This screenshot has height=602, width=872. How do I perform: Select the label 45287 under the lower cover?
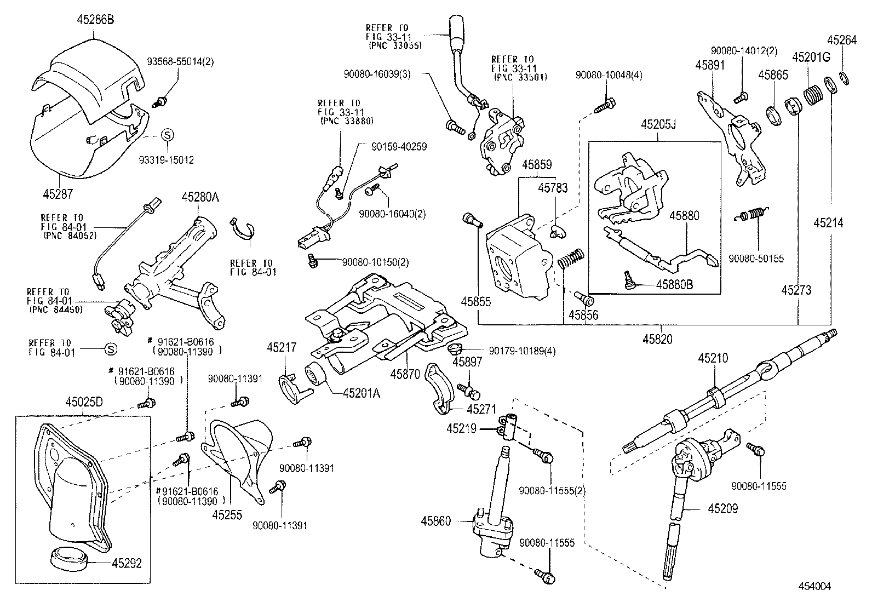click(x=59, y=193)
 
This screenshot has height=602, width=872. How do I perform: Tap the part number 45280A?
click(x=200, y=198)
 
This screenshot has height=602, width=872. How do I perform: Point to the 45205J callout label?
click(x=658, y=124)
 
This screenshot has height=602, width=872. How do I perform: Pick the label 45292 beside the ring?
click(x=127, y=563)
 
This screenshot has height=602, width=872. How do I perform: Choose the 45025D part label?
click(x=84, y=403)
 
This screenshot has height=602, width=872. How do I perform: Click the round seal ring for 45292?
click(x=69, y=559)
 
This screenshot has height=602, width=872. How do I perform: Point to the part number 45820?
click(x=658, y=340)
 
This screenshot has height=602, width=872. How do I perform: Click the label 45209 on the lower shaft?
click(x=722, y=509)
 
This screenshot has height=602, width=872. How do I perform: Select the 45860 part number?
click(x=436, y=520)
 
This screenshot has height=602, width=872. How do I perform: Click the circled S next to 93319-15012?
click(x=168, y=134)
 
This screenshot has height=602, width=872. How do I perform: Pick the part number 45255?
click(x=227, y=514)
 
